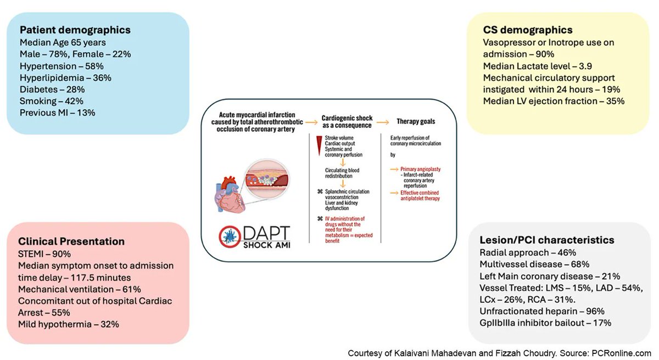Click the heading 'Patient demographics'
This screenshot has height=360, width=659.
[x=75, y=30]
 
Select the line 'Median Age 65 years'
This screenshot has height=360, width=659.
[x=63, y=42]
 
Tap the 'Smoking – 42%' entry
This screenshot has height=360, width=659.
[x=52, y=100]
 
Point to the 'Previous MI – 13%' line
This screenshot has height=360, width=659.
[x=58, y=113]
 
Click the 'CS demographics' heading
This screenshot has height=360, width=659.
[x=527, y=30]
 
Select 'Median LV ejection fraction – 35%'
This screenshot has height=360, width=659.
[x=554, y=101]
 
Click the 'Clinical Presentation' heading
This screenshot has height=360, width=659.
[x=71, y=241]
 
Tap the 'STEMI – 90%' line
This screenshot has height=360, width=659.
[x=48, y=254]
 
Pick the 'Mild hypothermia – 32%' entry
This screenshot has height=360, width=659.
[x=69, y=324]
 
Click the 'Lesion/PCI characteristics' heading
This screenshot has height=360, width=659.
[x=546, y=240]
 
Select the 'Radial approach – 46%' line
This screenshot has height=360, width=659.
[x=527, y=252]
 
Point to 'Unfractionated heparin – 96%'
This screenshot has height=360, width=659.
[x=540, y=311]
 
